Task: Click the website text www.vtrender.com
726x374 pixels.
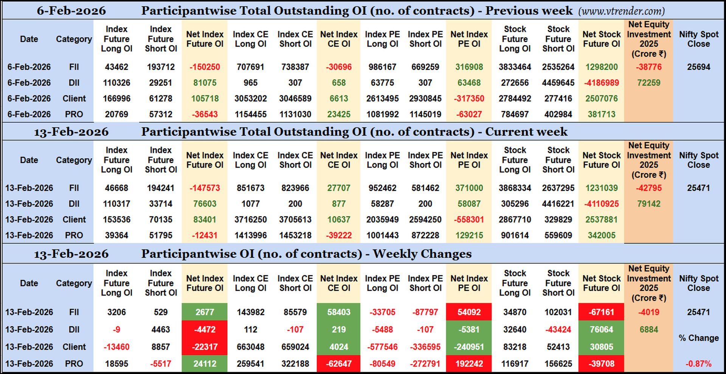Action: point(621,11)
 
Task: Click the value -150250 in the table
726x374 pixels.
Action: point(205,67)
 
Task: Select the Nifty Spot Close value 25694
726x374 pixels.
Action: point(698,67)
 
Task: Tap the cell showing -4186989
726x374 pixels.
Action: point(601,83)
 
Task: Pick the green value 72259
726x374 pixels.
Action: point(648,83)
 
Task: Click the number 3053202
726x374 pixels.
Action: point(250,99)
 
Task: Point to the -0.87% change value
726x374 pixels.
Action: point(698,364)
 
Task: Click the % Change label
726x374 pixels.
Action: point(698,338)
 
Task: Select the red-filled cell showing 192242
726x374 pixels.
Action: point(469,364)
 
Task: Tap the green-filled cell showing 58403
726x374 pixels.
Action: point(338,312)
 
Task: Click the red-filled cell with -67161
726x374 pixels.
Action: point(601,312)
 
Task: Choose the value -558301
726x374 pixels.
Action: point(469,220)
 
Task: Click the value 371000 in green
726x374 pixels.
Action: point(469,188)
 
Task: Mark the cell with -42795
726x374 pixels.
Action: point(648,188)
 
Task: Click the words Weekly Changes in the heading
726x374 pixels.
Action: point(422,254)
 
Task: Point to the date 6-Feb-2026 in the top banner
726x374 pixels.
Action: point(71,11)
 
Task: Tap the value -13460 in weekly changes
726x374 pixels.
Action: point(116,347)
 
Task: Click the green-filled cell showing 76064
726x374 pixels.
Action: point(601,330)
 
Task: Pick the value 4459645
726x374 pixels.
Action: point(558,83)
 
